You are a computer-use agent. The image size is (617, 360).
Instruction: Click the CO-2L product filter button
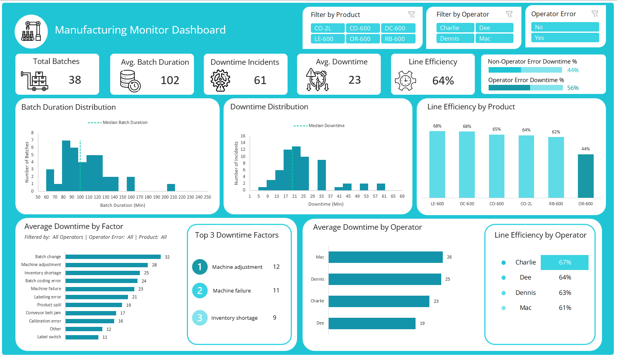click(x=327, y=28)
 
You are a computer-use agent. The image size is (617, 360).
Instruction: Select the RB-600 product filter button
click(x=398, y=39)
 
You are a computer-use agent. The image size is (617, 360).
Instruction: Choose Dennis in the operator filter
click(x=455, y=38)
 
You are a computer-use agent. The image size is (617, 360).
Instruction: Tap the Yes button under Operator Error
click(x=565, y=38)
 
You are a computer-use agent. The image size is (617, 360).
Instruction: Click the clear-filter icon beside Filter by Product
click(x=412, y=15)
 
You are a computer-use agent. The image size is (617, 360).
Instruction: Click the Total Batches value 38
click(x=75, y=80)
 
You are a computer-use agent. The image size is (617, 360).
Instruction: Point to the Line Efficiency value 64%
click(x=443, y=81)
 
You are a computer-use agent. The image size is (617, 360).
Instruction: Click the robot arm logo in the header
click(x=31, y=31)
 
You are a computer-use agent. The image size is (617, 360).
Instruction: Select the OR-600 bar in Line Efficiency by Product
click(x=585, y=176)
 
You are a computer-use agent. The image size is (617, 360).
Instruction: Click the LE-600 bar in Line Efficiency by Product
click(x=437, y=164)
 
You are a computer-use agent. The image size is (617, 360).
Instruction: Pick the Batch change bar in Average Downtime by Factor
click(x=113, y=257)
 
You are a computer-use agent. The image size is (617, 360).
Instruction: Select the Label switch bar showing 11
click(x=82, y=337)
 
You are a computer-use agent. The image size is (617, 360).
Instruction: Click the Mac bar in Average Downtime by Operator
click(x=385, y=257)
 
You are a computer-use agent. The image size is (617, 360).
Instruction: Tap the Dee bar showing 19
click(x=372, y=323)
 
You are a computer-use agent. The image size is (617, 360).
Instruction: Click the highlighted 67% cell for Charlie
click(x=564, y=262)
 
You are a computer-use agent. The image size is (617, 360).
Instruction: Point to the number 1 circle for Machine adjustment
click(x=200, y=267)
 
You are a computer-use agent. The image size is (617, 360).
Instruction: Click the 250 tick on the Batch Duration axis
click(x=207, y=197)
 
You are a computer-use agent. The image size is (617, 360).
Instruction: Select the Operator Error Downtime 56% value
click(x=573, y=88)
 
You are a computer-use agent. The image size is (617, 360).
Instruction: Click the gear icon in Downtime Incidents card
click(x=220, y=80)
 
